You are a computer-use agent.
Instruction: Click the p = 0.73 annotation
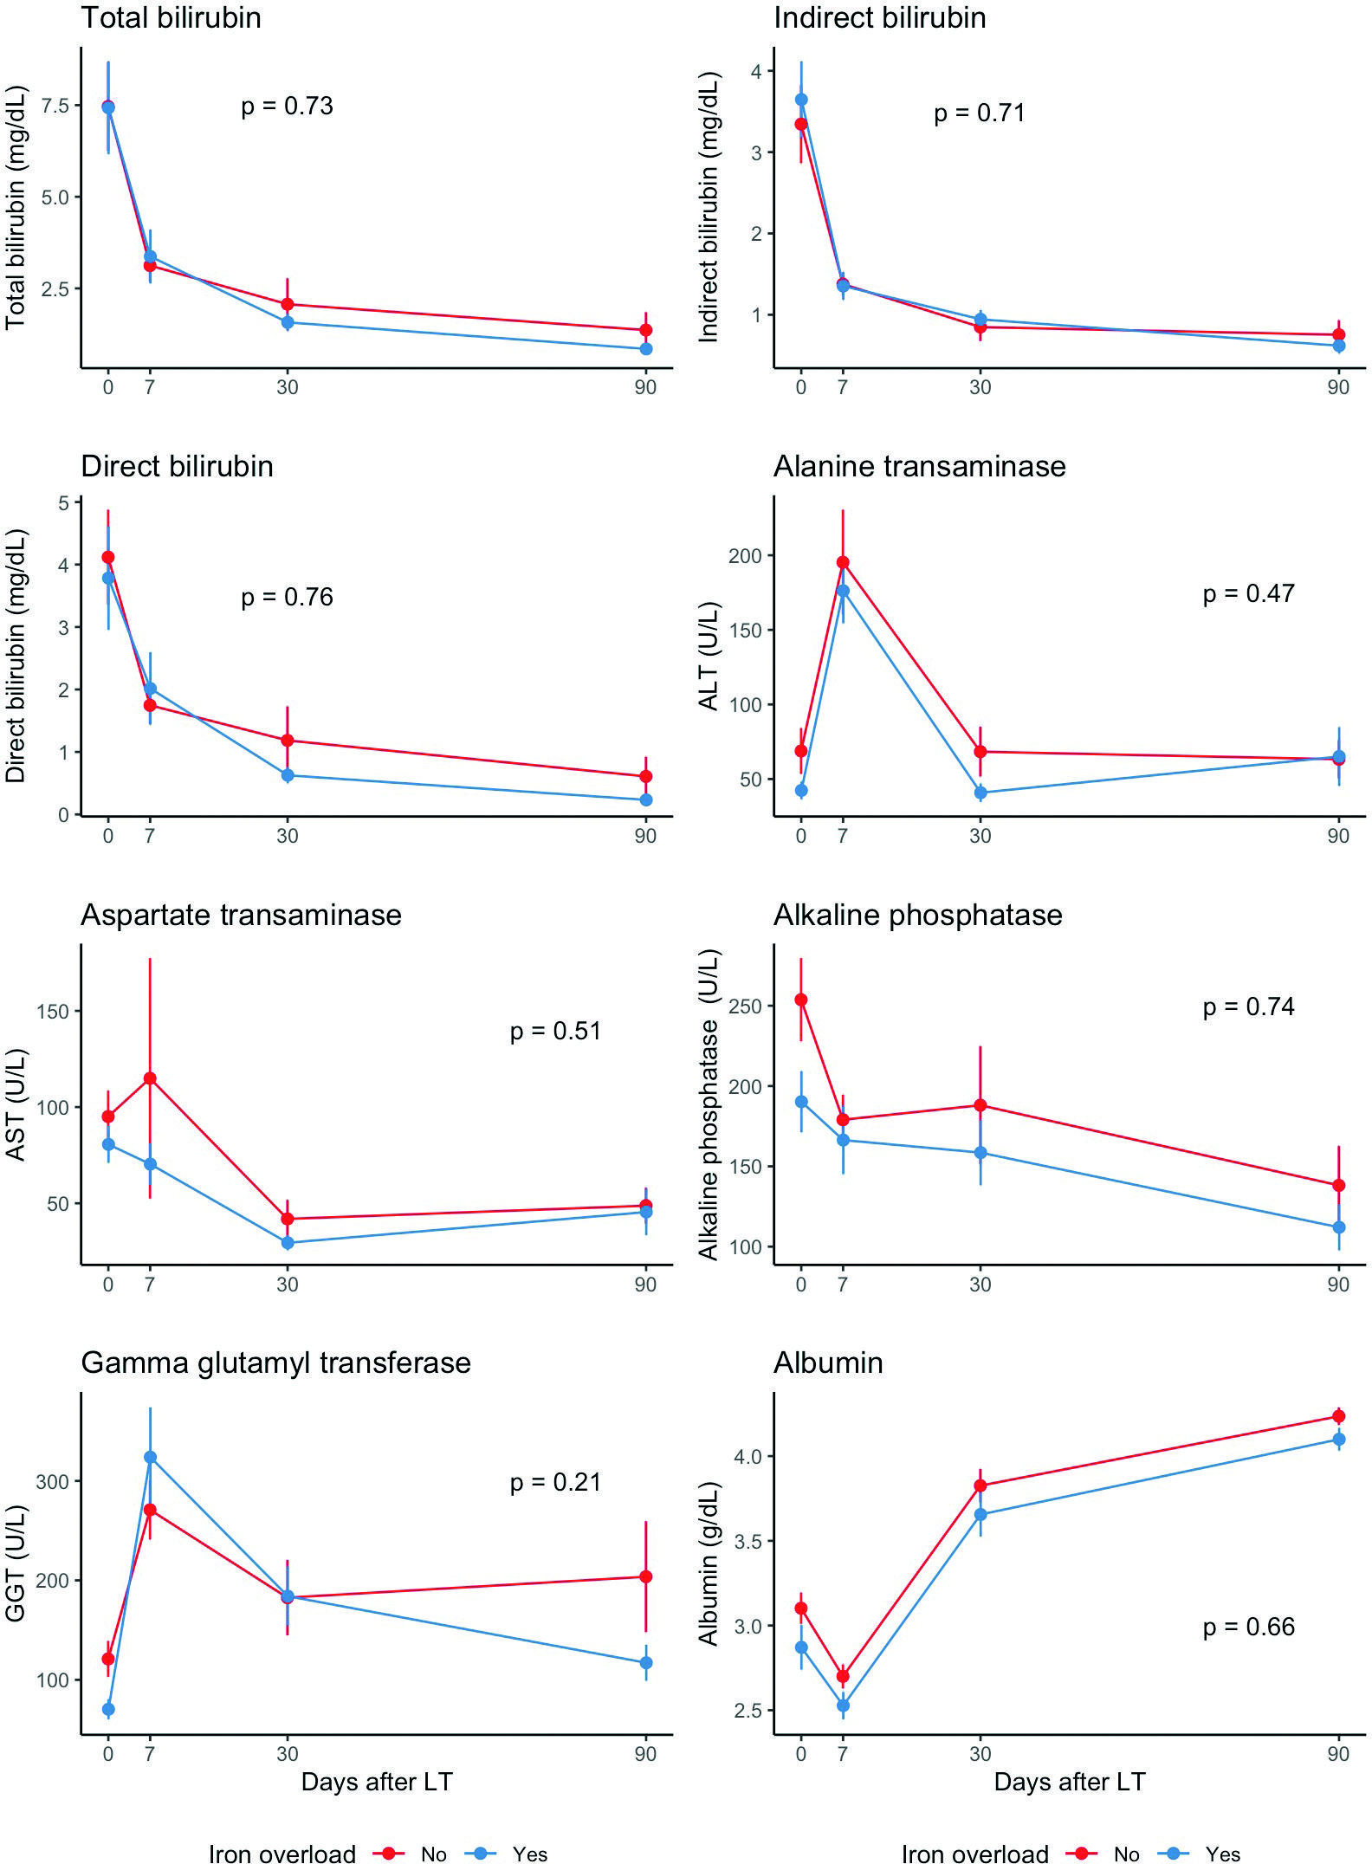pyautogui.click(x=287, y=106)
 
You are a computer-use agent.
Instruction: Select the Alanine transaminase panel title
pyautogui.click(x=919, y=467)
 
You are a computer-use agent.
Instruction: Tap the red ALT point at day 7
pyautogui.click(x=843, y=563)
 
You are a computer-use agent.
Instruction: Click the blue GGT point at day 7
pyautogui.click(x=150, y=1457)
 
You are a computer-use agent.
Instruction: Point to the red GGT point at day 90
pyautogui.click(x=645, y=1576)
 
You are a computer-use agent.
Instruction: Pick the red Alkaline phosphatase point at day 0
pyautogui.click(x=801, y=1000)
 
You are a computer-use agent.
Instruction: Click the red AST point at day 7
pyautogui.click(x=150, y=1078)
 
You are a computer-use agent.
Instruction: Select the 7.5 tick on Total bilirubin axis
pyautogui.click(x=55, y=106)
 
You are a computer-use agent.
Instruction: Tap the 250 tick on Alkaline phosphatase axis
pyautogui.click(x=746, y=1006)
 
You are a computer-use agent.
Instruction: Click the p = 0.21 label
pyautogui.click(x=555, y=1482)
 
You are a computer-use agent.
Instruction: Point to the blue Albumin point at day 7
pyautogui.click(x=843, y=1705)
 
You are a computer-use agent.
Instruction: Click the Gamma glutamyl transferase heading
pyautogui.click(x=275, y=1363)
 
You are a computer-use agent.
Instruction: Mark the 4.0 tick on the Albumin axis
pyautogui.click(x=749, y=1457)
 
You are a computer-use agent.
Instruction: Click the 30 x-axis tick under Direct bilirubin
pyautogui.click(x=288, y=836)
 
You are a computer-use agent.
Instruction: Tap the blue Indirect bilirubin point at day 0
pyautogui.click(x=801, y=100)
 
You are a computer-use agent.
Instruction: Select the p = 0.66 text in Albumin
pyautogui.click(x=1248, y=1627)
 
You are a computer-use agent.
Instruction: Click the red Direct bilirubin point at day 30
pyautogui.click(x=288, y=741)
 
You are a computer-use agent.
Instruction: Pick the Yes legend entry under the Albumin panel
pyautogui.click(x=1222, y=1854)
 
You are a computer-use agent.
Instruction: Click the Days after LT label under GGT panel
pyautogui.click(x=377, y=1782)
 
